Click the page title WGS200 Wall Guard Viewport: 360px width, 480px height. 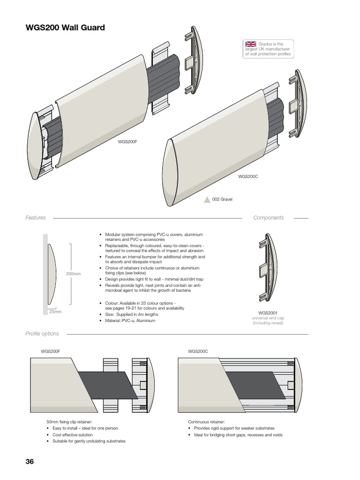click(65, 28)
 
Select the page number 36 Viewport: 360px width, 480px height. click(30, 461)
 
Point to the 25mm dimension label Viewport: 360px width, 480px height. click(55, 311)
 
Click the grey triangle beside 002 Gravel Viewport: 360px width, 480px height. click(207, 199)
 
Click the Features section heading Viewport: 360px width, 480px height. click(36, 218)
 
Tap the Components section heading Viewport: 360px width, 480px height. click(268, 218)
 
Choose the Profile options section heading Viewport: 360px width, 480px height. click(42, 334)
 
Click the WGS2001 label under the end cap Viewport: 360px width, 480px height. click(268, 312)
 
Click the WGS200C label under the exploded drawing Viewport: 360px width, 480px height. click(248, 176)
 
